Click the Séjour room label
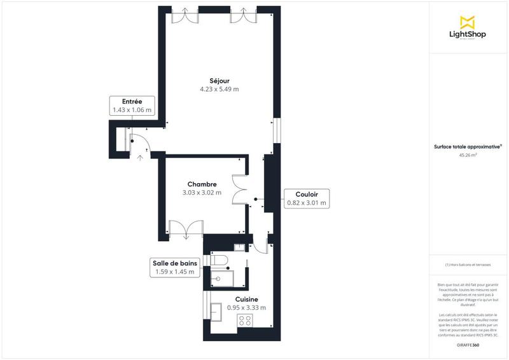[219, 80]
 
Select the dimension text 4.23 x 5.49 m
[219, 90]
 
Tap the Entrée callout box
[132, 106]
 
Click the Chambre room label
[202, 184]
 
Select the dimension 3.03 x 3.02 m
[202, 193]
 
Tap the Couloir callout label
[306, 198]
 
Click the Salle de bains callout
[175, 267]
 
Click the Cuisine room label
[246, 299]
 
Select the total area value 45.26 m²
[468, 154]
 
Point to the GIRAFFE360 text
[468, 344]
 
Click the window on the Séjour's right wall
[275, 131]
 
